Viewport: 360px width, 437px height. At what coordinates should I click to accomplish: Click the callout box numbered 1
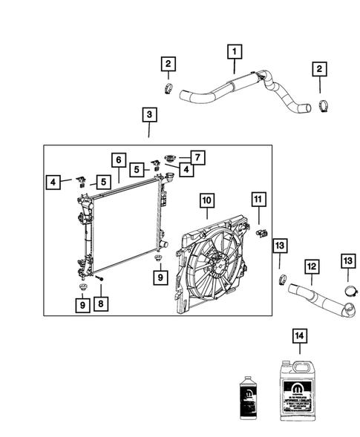click(234, 51)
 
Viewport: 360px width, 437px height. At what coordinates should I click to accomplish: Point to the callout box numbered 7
click(197, 157)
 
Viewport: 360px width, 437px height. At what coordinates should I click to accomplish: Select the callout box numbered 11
click(257, 200)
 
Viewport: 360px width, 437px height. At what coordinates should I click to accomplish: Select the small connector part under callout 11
click(260, 232)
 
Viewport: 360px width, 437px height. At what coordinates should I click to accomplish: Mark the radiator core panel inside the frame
click(123, 230)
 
